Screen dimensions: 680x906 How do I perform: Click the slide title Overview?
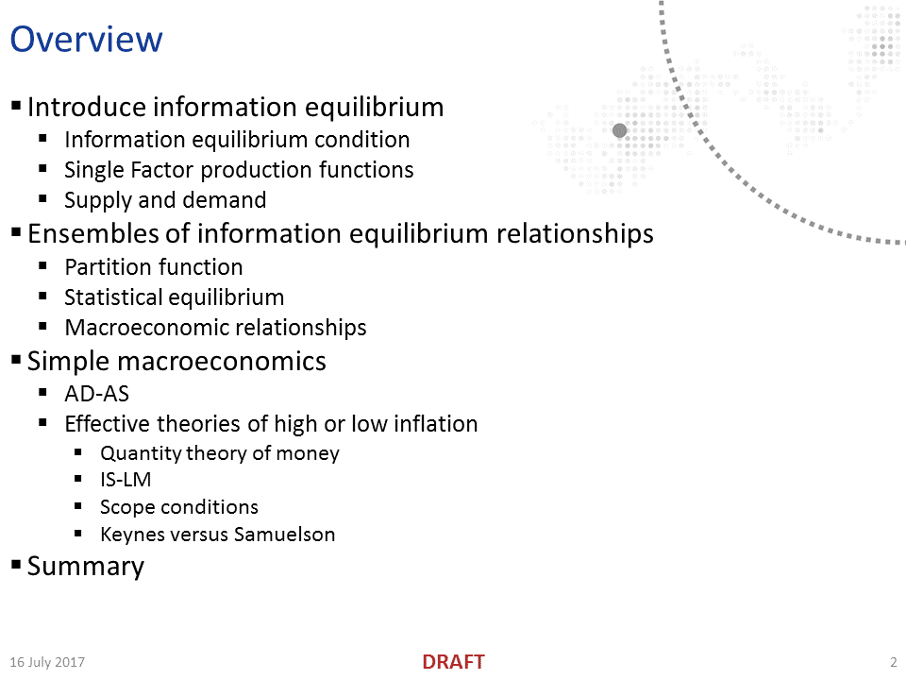pyautogui.click(x=86, y=40)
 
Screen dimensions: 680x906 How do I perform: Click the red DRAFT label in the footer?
pyautogui.click(x=453, y=662)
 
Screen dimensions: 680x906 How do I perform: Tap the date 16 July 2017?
pyautogui.click(x=47, y=662)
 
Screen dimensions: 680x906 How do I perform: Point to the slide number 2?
pyautogui.click(x=893, y=662)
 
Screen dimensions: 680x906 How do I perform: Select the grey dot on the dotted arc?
pyautogui.click(x=620, y=130)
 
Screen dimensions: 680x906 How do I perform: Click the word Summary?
pyautogui.click(x=86, y=567)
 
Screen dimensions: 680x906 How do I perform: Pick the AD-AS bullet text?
pyautogui.click(x=96, y=393)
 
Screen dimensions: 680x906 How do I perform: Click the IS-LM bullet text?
pyautogui.click(x=126, y=480)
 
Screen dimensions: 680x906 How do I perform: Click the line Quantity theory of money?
pyautogui.click(x=219, y=453)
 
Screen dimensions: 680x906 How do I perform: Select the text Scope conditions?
pyautogui.click(x=178, y=507)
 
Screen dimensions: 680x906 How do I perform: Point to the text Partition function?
pyautogui.click(x=153, y=267)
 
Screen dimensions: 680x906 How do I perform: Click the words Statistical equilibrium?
pyautogui.click(x=174, y=297)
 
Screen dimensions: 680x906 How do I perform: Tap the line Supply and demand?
pyautogui.click(x=165, y=200)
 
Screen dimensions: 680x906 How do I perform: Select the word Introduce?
pyautogui.click(x=86, y=107)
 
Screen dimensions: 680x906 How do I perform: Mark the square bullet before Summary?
pyautogui.click(x=16, y=565)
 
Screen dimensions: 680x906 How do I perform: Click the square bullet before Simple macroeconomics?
pyautogui.click(x=16, y=360)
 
